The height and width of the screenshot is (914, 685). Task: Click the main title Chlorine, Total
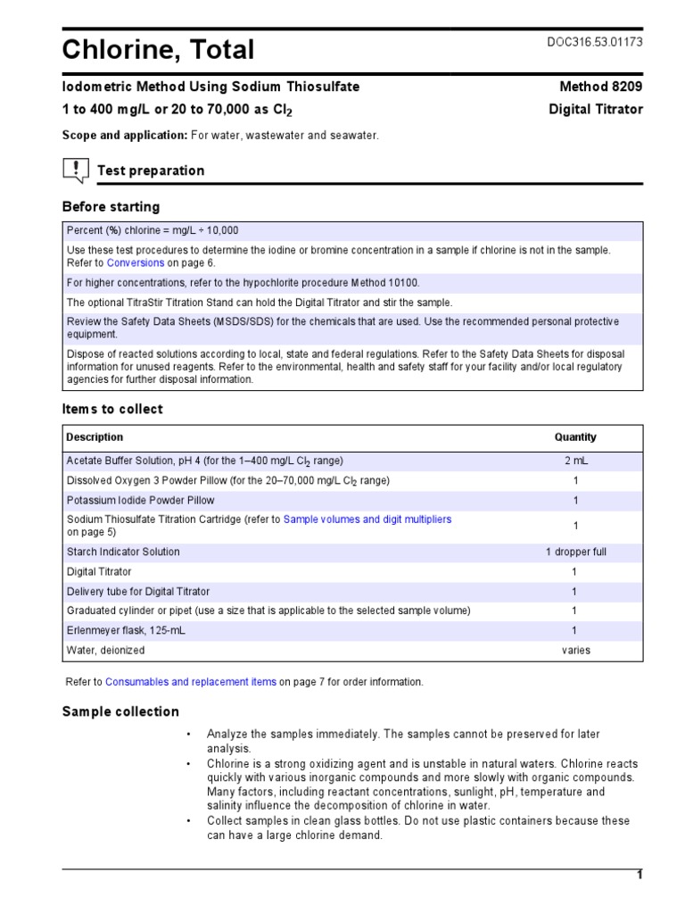pyautogui.click(x=158, y=50)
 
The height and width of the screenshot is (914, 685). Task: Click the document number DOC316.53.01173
pyautogui.click(x=593, y=42)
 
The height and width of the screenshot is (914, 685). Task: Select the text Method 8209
pyautogui.click(x=600, y=87)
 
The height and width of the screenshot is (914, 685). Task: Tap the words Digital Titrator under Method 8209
pyautogui.click(x=596, y=110)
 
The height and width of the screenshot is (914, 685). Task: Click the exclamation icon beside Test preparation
pyautogui.click(x=76, y=170)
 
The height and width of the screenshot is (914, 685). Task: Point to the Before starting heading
pyautogui.click(x=111, y=207)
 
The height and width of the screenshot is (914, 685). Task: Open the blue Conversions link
pyautogui.click(x=136, y=263)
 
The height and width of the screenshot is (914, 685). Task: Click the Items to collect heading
pyautogui.click(x=112, y=410)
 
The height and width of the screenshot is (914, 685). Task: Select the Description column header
pyautogui.click(x=95, y=437)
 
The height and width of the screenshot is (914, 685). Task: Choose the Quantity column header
pyautogui.click(x=575, y=437)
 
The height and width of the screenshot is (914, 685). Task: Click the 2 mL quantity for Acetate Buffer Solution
pyautogui.click(x=575, y=461)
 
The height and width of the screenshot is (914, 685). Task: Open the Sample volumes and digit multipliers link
pyautogui.click(x=367, y=519)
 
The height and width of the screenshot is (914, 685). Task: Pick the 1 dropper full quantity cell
pyautogui.click(x=575, y=552)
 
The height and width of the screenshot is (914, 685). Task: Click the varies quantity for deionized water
pyautogui.click(x=575, y=650)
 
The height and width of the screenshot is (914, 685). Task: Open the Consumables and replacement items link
pyautogui.click(x=191, y=682)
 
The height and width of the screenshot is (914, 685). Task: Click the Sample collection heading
pyautogui.click(x=120, y=712)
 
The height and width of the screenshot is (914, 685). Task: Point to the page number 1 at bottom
pyautogui.click(x=639, y=875)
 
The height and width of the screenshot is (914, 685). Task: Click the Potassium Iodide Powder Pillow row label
pyautogui.click(x=141, y=501)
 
